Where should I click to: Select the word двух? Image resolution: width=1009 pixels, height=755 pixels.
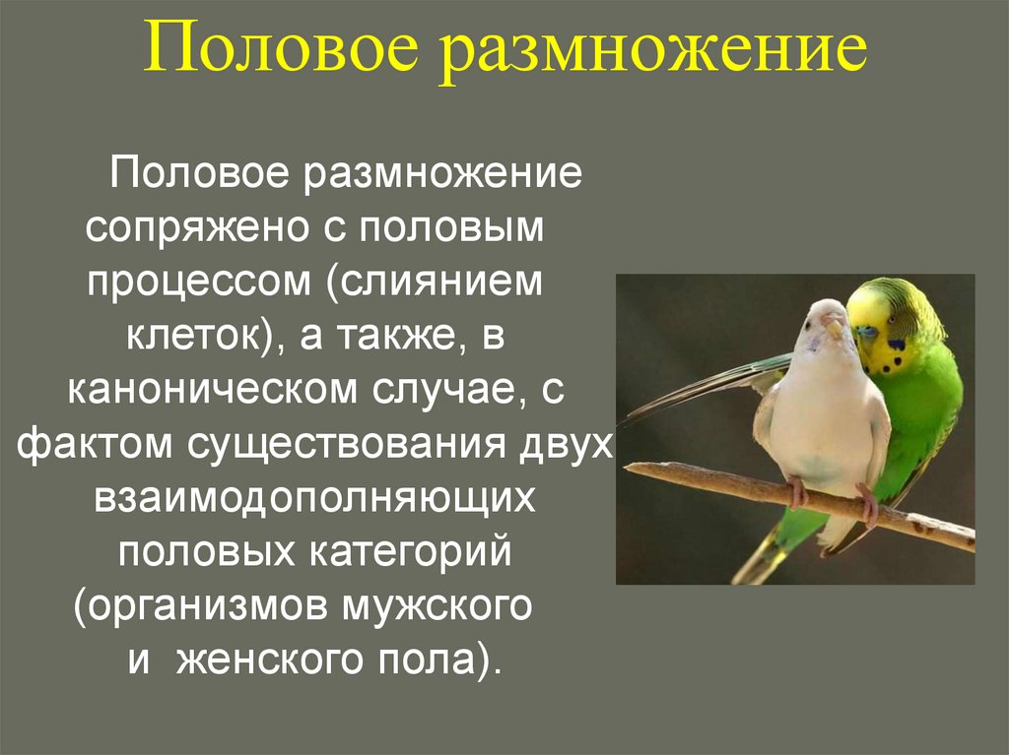point(561,444)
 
